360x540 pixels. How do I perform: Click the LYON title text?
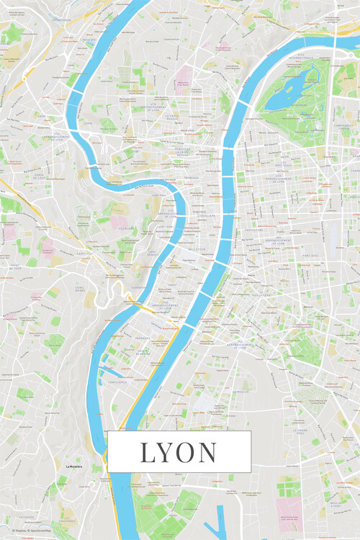[179, 452]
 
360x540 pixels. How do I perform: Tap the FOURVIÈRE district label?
[127, 228]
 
